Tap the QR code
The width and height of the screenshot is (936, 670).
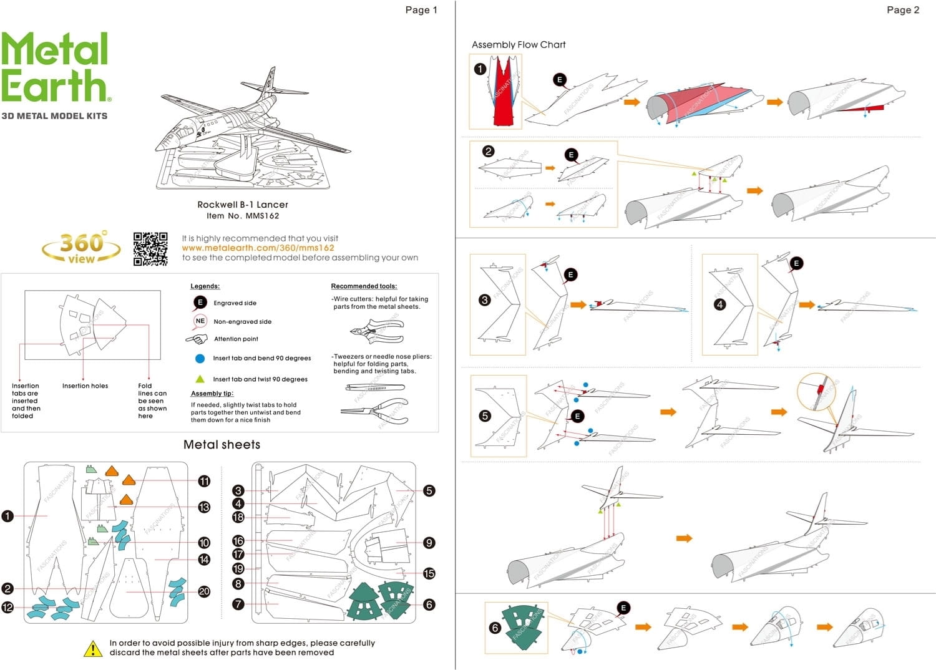pyautogui.click(x=150, y=250)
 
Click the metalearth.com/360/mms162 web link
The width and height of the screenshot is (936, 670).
pyautogui.click(x=258, y=248)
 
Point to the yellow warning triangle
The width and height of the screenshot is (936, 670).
pyautogui.click(x=93, y=649)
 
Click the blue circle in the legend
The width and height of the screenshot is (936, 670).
pyautogui.click(x=200, y=359)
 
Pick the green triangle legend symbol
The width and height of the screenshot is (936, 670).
pyautogui.click(x=200, y=379)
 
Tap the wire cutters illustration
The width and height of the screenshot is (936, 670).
pyautogui.click(x=376, y=331)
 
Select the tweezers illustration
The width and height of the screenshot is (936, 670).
pyautogui.click(x=375, y=387)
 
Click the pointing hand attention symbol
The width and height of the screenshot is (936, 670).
pyautogui.click(x=197, y=339)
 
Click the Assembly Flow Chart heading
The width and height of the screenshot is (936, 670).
pyautogui.click(x=519, y=45)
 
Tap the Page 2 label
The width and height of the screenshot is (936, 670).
pyautogui.click(x=902, y=10)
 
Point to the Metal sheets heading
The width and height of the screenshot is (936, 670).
pyautogui.click(x=222, y=445)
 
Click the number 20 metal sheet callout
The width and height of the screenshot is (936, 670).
pyautogui.click(x=204, y=591)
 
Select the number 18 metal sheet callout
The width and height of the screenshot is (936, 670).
pyautogui.click(x=238, y=517)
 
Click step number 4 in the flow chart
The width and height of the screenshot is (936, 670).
pyautogui.click(x=720, y=304)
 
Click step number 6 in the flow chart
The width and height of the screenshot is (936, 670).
pyautogui.click(x=495, y=628)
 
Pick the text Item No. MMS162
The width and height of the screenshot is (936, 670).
pyautogui.click(x=243, y=216)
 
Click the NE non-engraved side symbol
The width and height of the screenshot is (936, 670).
pyautogui.click(x=200, y=321)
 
